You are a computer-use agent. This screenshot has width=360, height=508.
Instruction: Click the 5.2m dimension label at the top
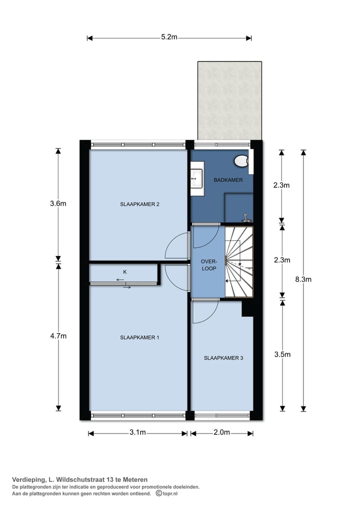(x=169, y=37)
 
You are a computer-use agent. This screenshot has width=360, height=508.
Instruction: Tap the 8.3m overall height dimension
(x=303, y=279)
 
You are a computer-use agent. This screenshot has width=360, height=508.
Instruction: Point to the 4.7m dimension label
(x=58, y=336)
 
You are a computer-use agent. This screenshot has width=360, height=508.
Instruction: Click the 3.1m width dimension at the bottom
(x=137, y=432)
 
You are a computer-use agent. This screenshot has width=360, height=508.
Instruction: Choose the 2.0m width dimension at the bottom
(x=221, y=432)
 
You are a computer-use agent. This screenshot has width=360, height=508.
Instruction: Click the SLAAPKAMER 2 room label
(x=139, y=204)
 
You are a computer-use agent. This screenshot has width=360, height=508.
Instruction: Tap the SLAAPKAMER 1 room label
(x=139, y=337)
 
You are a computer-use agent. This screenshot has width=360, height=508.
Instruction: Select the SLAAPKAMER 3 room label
(x=223, y=358)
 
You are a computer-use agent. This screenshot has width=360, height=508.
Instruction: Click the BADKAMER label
(x=228, y=180)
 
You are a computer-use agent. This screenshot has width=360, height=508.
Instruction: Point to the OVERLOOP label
(x=208, y=264)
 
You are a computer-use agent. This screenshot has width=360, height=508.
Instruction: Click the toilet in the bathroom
(x=241, y=161)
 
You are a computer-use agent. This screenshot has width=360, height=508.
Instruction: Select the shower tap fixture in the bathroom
(x=245, y=217)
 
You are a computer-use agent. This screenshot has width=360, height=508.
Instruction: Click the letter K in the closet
(x=125, y=272)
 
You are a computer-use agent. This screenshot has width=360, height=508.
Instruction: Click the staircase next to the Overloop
(x=239, y=261)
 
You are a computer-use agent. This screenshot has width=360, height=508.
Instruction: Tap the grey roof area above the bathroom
(x=229, y=100)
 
